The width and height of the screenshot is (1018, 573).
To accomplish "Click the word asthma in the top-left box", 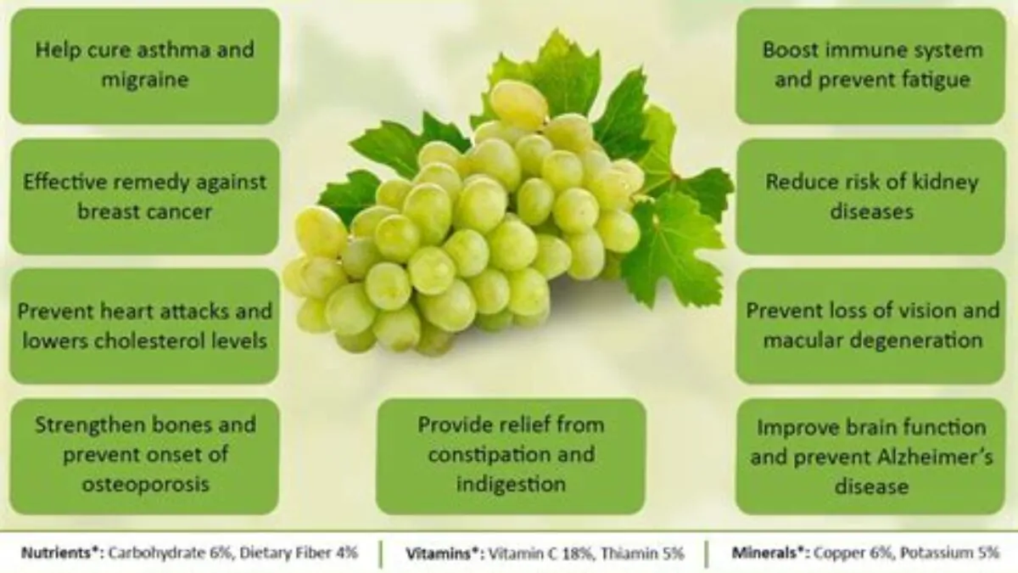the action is (173, 49).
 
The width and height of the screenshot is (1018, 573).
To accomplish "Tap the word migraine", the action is (145, 80).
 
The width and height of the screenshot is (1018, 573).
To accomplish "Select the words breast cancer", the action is (144, 211).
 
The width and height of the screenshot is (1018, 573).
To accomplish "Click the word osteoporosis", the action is (145, 486).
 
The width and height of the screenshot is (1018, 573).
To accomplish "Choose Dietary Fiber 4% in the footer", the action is (299, 553).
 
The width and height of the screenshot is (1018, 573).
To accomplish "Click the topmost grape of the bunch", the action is (518, 104).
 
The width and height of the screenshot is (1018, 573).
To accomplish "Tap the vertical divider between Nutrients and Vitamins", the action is (381, 553).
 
